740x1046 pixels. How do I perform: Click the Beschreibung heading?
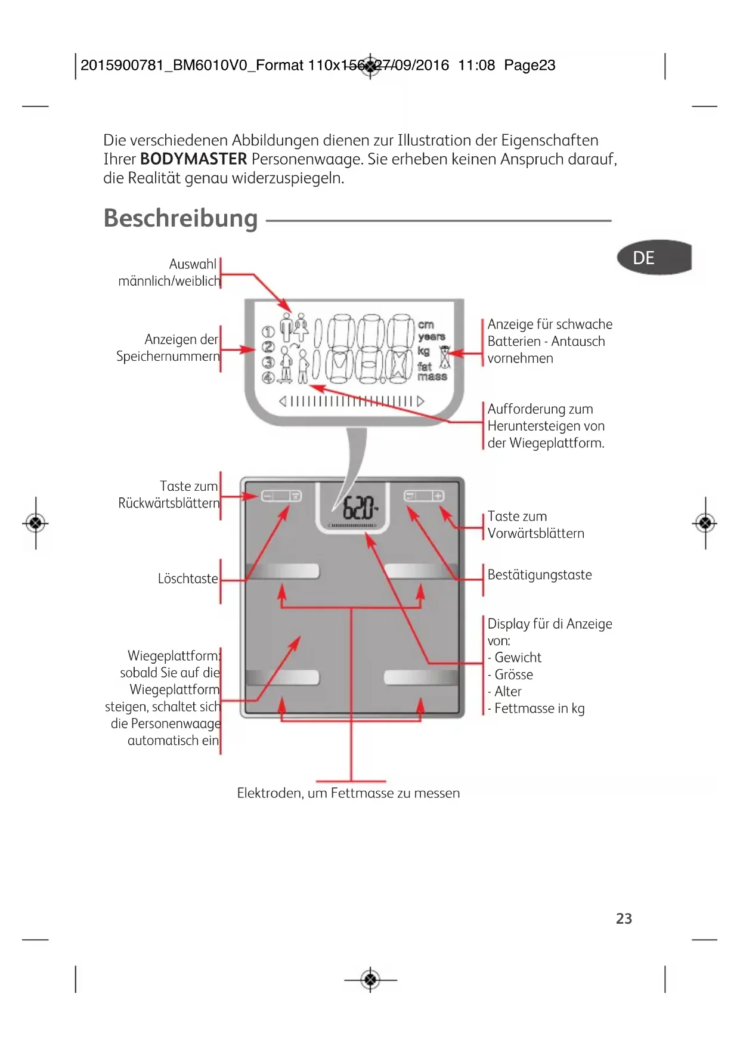pyautogui.click(x=181, y=218)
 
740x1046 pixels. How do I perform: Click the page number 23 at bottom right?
pyautogui.click(x=624, y=918)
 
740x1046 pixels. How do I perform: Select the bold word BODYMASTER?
pyautogui.click(x=193, y=159)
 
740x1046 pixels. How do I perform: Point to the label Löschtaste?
pyautogui.click(x=188, y=578)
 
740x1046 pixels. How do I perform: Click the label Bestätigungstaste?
pyautogui.click(x=540, y=575)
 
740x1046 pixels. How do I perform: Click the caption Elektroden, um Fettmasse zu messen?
pyautogui.click(x=348, y=793)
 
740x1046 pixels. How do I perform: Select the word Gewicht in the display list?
pyautogui.click(x=518, y=658)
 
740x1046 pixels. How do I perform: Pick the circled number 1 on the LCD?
pyautogui.click(x=268, y=331)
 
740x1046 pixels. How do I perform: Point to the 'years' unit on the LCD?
pyautogui.click(x=432, y=337)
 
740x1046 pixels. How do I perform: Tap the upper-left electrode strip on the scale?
pyautogui.click(x=283, y=571)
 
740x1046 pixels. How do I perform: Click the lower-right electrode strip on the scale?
pyautogui.click(x=421, y=677)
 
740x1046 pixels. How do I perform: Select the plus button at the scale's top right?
pyautogui.click(x=438, y=496)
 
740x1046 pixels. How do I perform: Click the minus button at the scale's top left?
pyautogui.click(x=267, y=496)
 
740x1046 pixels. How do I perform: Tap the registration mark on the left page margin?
pyautogui.click(x=36, y=524)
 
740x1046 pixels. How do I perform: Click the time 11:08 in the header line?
pyautogui.click(x=476, y=65)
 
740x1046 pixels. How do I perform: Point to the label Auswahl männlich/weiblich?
pyautogui.click(x=169, y=273)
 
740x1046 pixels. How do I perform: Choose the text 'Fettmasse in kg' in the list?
pyautogui.click(x=539, y=708)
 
